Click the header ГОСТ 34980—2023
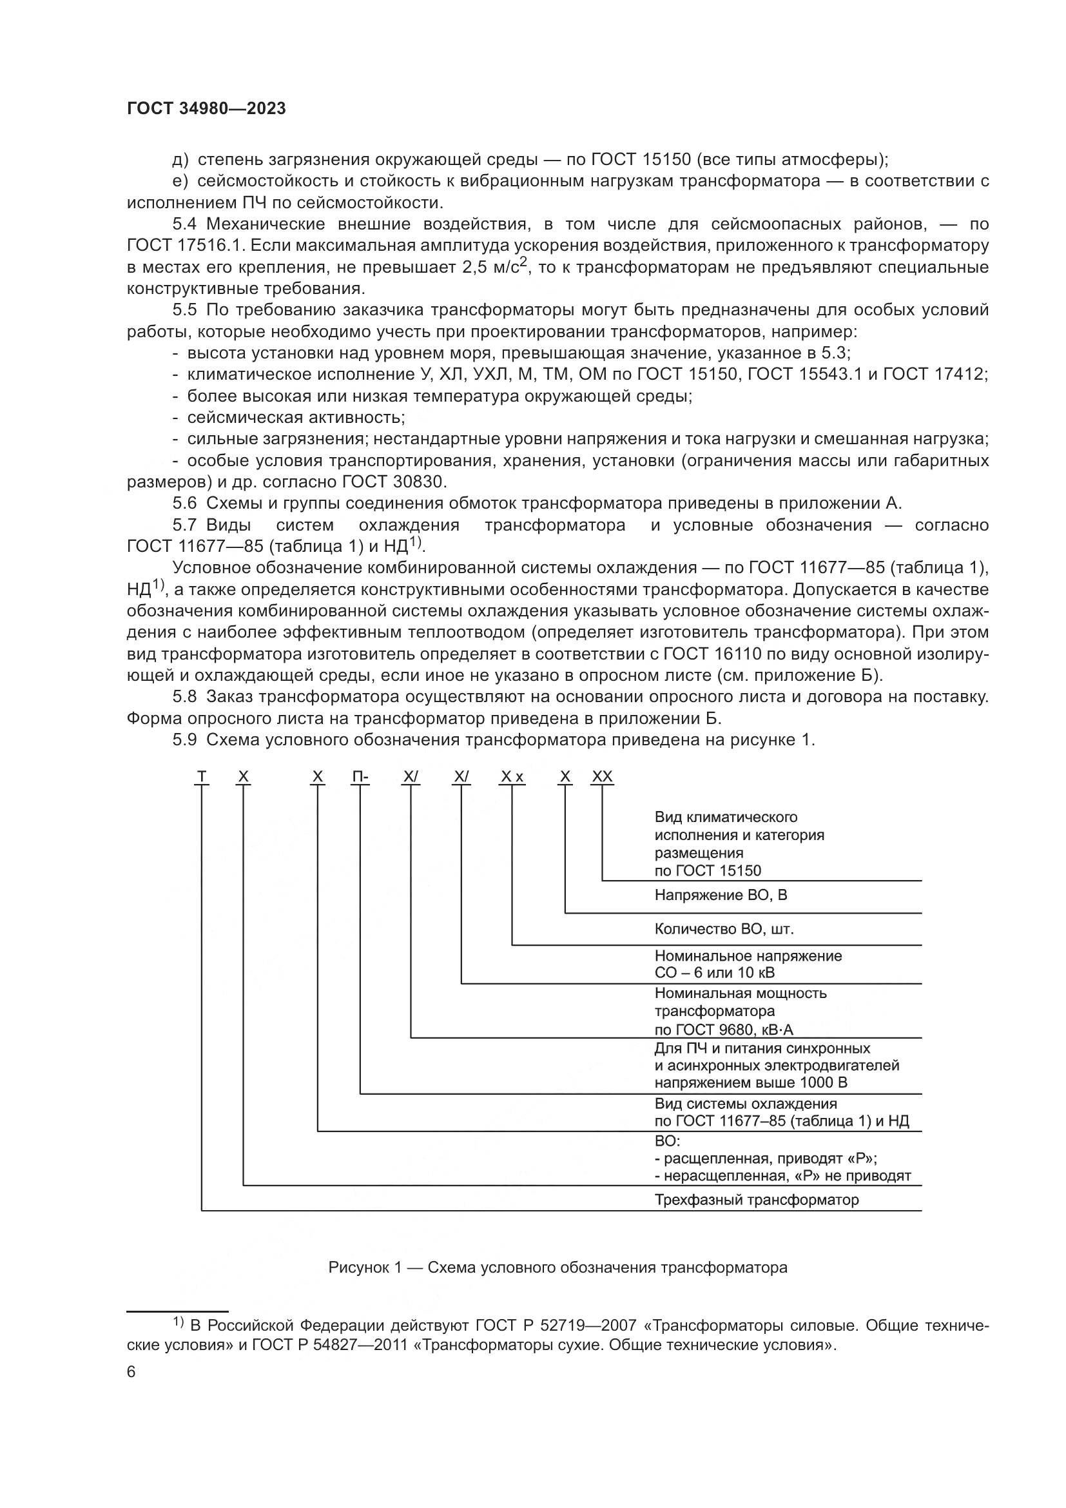pos(206,109)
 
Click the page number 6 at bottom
pos(131,1372)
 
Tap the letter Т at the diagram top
pos(202,778)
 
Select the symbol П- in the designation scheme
pos(360,778)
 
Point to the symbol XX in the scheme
pos(602,778)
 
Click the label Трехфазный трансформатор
pos(756,1200)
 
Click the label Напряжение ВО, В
pos(720,896)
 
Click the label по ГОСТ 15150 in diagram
pos(708,871)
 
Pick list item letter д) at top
pos(180,160)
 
